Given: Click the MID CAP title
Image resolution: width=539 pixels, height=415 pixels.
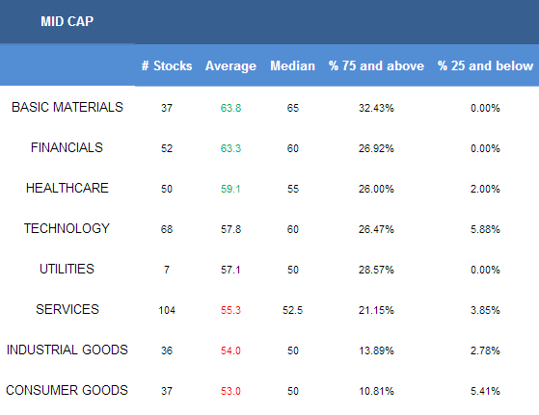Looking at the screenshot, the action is (67, 21).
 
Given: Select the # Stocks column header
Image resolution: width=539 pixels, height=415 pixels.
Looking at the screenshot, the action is (167, 65).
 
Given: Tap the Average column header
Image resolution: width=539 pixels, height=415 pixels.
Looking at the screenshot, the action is (230, 65).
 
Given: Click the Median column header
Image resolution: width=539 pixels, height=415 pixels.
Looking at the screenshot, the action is (292, 65).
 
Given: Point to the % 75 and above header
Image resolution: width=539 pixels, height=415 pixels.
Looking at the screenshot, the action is (376, 65).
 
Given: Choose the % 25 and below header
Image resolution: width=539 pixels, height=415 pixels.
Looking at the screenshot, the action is (485, 65).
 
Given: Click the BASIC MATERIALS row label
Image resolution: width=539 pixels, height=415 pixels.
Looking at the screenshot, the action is (67, 107).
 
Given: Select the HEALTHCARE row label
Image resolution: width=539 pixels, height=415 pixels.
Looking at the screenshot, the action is (67, 188).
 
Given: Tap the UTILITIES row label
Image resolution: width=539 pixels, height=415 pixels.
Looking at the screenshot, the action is (67, 269).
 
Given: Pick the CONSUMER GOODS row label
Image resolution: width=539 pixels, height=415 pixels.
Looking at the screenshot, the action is (67, 390).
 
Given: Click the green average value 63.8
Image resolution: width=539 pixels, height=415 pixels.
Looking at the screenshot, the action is (230, 108).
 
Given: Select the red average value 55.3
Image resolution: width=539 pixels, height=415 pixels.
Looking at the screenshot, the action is (230, 310).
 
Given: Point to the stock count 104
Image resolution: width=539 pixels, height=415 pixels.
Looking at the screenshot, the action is (167, 310).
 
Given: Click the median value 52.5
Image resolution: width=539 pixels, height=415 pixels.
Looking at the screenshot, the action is (292, 310).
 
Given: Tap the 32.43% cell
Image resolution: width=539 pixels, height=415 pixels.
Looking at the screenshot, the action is (376, 108).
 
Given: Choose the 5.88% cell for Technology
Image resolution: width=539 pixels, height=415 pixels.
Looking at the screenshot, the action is (485, 229).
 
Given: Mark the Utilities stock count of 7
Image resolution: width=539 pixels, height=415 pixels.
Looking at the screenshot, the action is (167, 270).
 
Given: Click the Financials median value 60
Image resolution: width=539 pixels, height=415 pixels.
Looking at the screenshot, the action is (292, 148).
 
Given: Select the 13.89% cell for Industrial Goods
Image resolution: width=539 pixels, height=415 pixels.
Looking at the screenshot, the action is (376, 350).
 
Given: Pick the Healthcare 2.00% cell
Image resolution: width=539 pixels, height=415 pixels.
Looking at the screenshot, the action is (485, 189).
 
